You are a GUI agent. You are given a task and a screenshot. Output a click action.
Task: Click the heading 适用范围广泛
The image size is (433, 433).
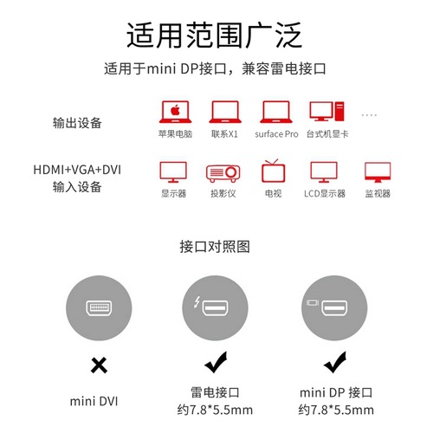[216, 36]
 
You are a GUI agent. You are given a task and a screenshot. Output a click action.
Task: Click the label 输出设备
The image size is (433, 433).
[77, 123]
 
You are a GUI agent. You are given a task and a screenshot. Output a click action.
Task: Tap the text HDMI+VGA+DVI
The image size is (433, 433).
[77, 170]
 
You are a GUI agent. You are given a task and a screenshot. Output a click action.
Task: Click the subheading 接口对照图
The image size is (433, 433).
[216, 246]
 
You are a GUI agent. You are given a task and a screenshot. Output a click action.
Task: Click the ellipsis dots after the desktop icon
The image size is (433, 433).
[370, 113]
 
